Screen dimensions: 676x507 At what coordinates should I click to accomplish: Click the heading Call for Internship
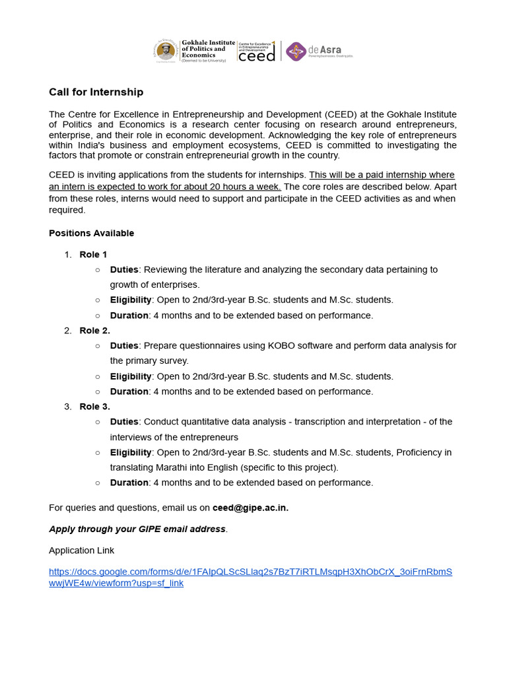(x=96, y=92)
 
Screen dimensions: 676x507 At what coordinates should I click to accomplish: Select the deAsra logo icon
(x=296, y=51)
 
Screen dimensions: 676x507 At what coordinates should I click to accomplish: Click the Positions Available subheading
(x=91, y=233)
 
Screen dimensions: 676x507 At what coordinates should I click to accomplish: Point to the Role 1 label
(x=93, y=254)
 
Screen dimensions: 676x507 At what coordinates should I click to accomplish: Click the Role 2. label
(x=94, y=330)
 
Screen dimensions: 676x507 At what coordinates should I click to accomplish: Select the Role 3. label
(x=94, y=406)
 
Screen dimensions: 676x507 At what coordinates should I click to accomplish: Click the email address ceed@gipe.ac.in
(x=250, y=508)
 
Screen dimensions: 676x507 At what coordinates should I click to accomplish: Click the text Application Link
(x=81, y=550)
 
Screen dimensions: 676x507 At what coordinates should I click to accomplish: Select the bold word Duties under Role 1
(x=124, y=269)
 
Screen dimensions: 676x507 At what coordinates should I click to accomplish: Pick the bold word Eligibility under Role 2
(x=131, y=376)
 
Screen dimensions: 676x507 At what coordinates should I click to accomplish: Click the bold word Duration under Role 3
(x=129, y=483)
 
